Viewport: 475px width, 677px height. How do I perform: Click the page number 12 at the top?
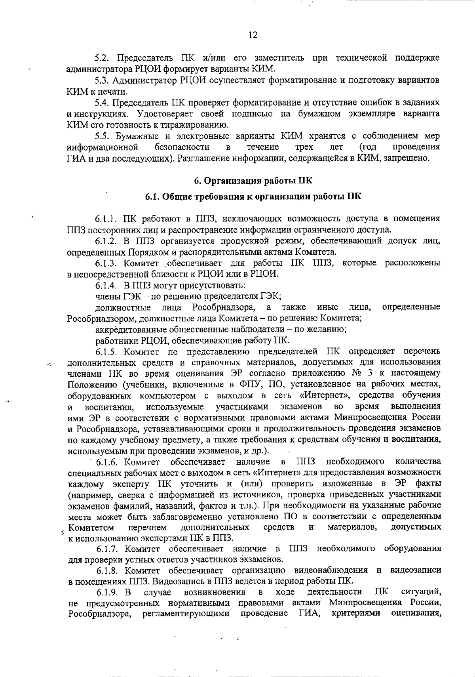[x=253, y=35]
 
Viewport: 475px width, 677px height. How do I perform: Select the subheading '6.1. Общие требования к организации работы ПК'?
[x=253, y=196]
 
